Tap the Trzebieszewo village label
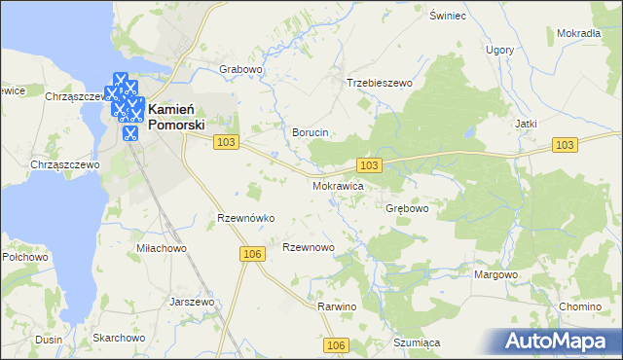(x=381, y=84)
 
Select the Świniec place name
(x=449, y=17)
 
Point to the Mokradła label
(x=578, y=33)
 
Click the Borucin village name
(x=311, y=132)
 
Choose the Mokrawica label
(x=338, y=185)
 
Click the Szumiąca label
(x=418, y=342)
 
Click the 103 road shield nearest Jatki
(x=566, y=145)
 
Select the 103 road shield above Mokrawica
(x=370, y=166)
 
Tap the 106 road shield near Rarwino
(x=337, y=345)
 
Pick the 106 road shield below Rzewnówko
(x=251, y=254)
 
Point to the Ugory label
(x=500, y=49)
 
